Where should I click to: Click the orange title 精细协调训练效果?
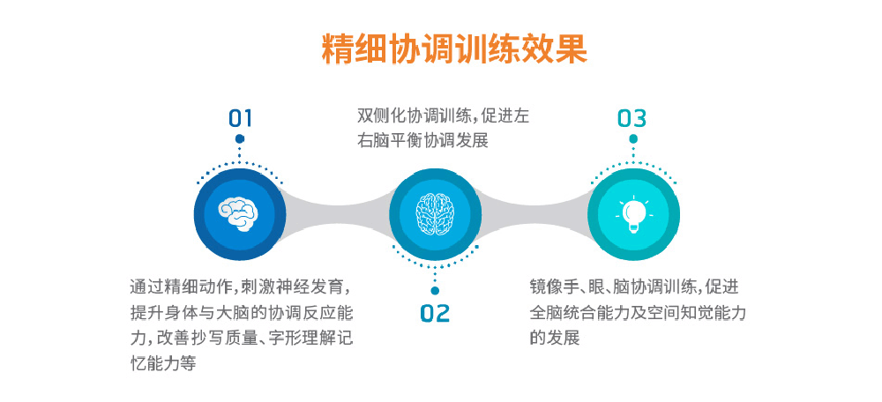pyautogui.click(x=454, y=49)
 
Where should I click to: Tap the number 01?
pyautogui.click(x=240, y=119)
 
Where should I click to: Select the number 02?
pyautogui.click(x=436, y=313)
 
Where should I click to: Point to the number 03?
pyautogui.click(x=632, y=119)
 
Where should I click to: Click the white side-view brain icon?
pyautogui.click(x=240, y=214)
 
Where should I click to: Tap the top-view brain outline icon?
pyautogui.click(x=435, y=214)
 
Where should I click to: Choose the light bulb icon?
pyautogui.click(x=633, y=213)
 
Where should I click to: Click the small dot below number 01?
pyautogui.click(x=240, y=139)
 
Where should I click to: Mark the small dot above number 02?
pyautogui.click(x=435, y=291)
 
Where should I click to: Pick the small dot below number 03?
pyautogui.click(x=633, y=139)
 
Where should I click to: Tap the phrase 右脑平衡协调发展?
pyautogui.click(x=422, y=140)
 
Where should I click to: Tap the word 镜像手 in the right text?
pyautogui.click(x=554, y=287)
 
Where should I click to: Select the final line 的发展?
pyautogui.click(x=554, y=339)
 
